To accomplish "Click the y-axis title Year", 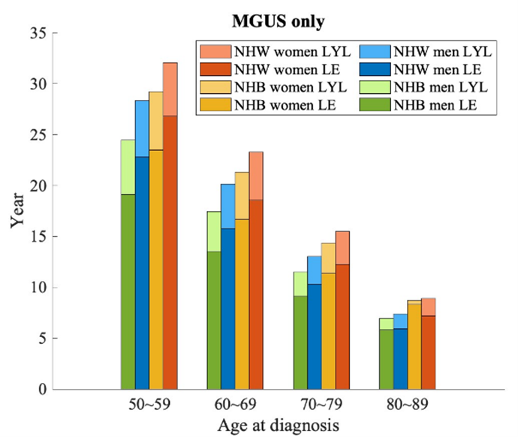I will pos(17,212).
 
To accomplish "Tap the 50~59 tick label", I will pos(149,403).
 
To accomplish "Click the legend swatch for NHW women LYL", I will pos(213,51).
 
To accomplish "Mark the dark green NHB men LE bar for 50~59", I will pos(128,293).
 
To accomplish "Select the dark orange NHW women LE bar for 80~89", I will pos(429,353).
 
